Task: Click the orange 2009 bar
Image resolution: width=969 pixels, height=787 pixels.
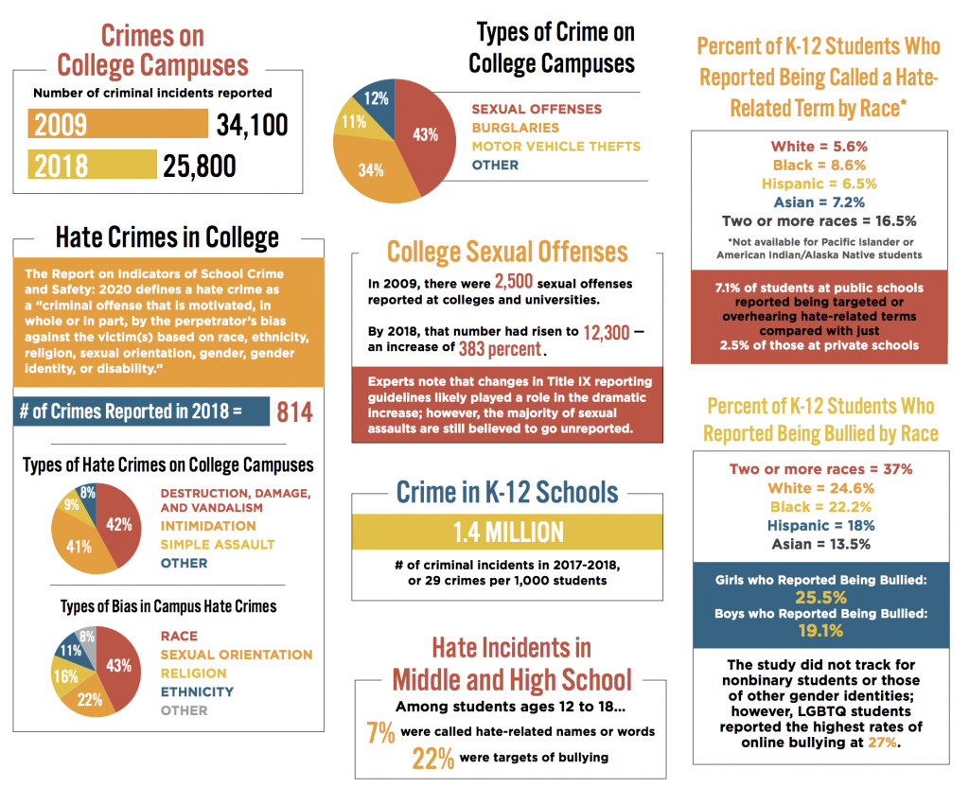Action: pyautogui.click(x=118, y=125)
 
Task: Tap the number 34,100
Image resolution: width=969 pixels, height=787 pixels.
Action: pyautogui.click(x=252, y=125)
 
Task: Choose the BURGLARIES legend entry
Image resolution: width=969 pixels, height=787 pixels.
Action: pyautogui.click(x=515, y=128)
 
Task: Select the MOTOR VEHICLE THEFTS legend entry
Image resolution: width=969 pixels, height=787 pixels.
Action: pyautogui.click(x=555, y=146)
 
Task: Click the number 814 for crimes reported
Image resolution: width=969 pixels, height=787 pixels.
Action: pyautogui.click(x=293, y=411)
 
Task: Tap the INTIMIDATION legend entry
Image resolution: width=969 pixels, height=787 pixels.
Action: pyautogui.click(x=205, y=526)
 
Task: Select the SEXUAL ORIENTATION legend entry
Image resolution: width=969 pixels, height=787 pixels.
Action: pyautogui.click(x=236, y=655)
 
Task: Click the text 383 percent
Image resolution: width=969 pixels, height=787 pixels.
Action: pyautogui.click(x=500, y=349)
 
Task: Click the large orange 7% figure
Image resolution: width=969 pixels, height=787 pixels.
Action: pyautogui.click(x=379, y=733)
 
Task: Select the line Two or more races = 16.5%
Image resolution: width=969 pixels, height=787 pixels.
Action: pyautogui.click(x=819, y=221)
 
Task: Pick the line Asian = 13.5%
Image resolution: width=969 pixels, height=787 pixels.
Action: pyautogui.click(x=819, y=544)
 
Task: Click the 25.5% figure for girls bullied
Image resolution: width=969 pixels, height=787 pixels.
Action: pyautogui.click(x=819, y=598)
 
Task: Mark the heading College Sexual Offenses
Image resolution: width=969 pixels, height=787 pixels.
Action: pyautogui.click(x=507, y=252)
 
